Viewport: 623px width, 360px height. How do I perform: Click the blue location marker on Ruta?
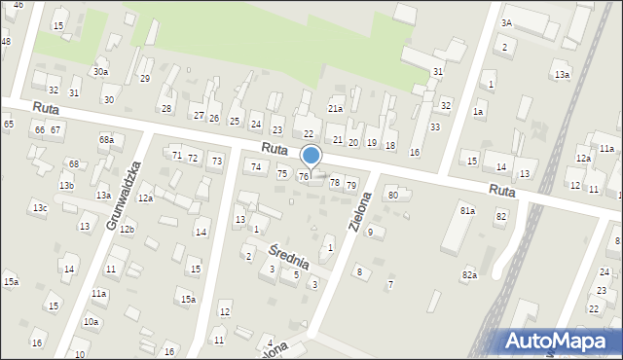tap(311, 155)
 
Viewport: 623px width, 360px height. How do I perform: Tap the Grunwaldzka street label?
tap(126, 195)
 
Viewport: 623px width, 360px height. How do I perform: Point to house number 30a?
tap(100, 71)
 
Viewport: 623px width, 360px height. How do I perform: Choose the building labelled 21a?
tap(335, 108)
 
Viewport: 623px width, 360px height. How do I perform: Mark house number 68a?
tap(106, 140)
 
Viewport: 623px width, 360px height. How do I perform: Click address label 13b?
tap(66, 185)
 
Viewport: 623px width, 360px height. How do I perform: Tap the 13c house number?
tap(39, 208)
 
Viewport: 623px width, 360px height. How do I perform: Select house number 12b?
tap(127, 229)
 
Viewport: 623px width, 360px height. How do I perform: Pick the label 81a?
tap(467, 211)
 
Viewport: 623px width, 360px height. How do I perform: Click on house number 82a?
tap(470, 275)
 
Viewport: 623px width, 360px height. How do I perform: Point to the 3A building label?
tap(506, 22)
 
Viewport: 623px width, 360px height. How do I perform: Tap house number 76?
tap(304, 176)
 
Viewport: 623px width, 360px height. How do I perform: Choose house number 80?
tap(393, 196)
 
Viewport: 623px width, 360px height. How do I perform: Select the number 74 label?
tap(256, 167)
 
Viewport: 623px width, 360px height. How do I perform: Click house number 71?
tap(177, 156)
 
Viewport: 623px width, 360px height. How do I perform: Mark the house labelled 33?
tap(435, 127)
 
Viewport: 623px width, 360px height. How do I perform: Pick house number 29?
tap(145, 78)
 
